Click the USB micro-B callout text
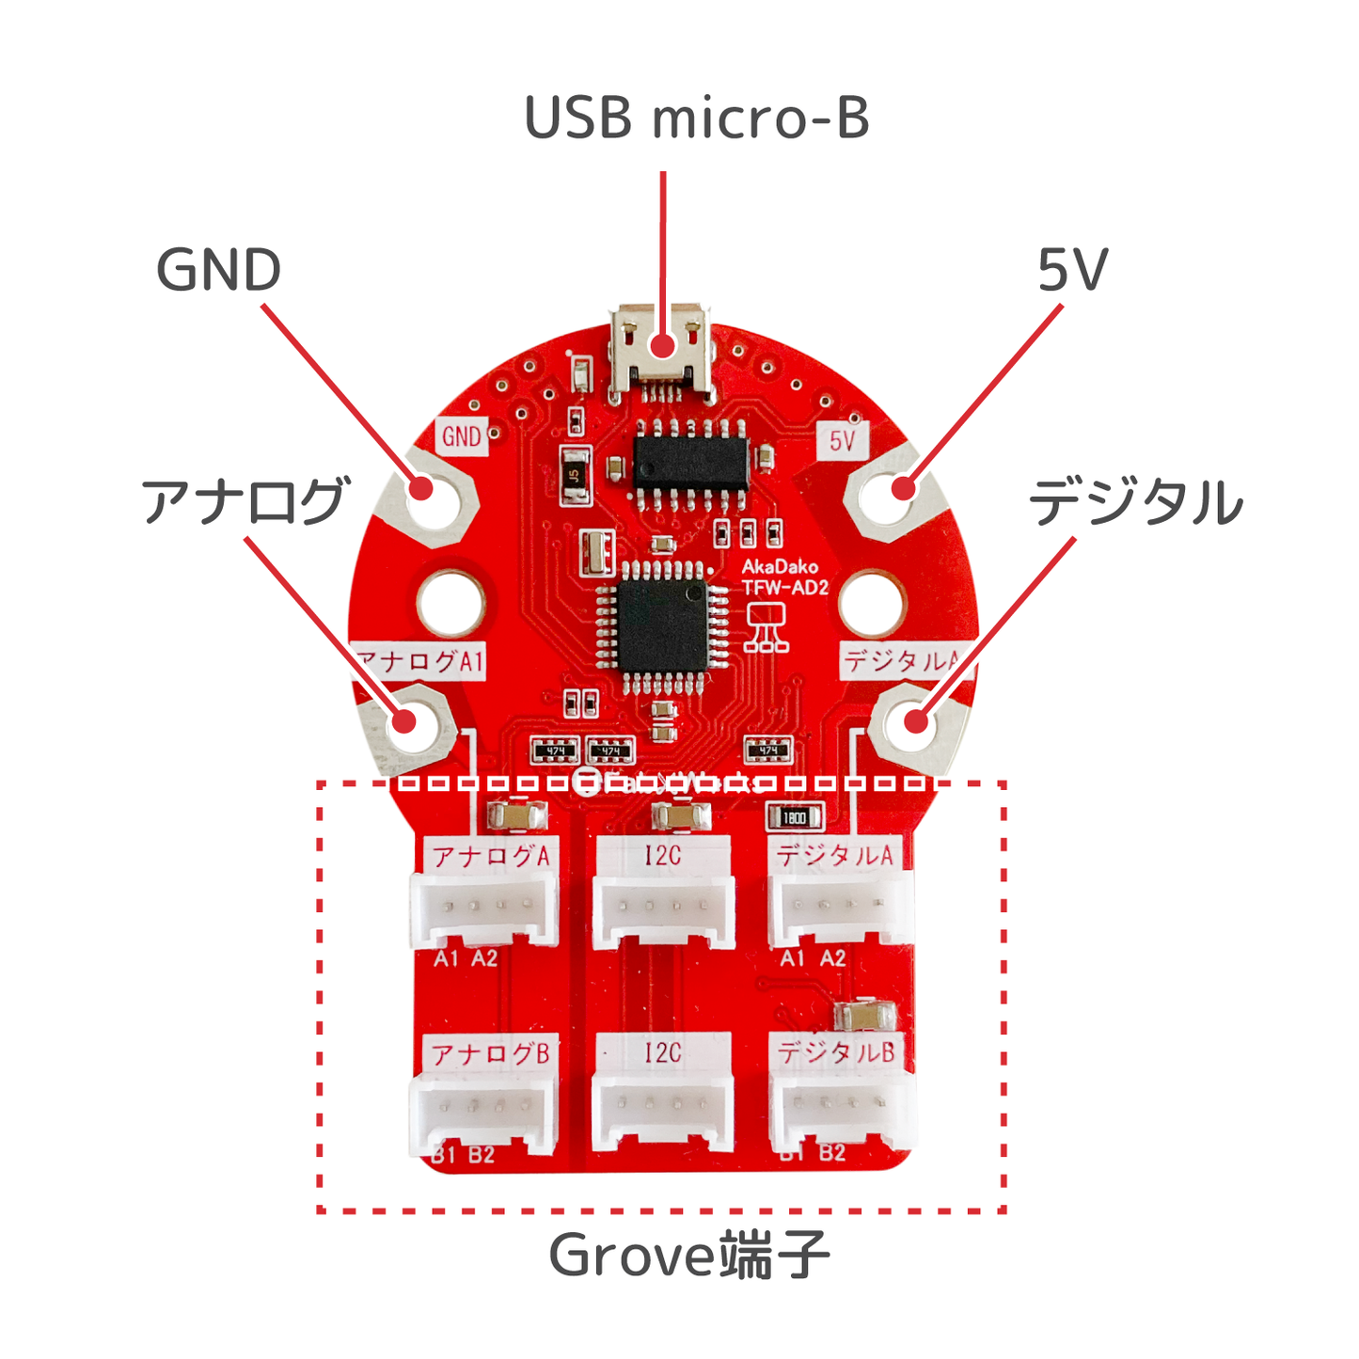pos(696,119)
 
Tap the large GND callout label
pos(218,271)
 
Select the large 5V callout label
pos(1072,271)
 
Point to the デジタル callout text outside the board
pos(1135,502)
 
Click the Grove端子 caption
pos(688,1256)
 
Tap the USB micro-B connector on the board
pos(663,353)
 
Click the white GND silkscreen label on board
pos(462,437)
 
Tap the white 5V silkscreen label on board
pos(842,440)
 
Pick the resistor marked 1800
pos(795,818)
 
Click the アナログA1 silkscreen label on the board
pos(420,661)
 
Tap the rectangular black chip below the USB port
pos(691,463)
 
